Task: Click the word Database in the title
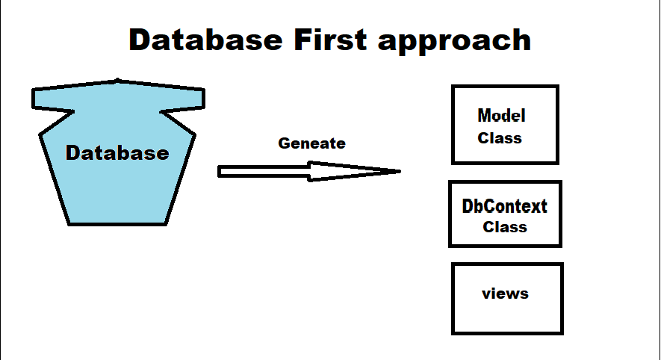205,40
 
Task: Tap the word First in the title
330,40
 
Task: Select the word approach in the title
454,42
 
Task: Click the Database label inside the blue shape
117,152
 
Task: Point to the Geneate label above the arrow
312,143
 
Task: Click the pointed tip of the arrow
400,171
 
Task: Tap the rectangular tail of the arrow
264,172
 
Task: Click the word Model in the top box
501,116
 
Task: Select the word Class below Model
500,138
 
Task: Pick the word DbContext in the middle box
505,206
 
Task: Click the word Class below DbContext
505,227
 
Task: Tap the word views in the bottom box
505,294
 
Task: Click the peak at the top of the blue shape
117,80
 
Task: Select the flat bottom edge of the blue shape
117,224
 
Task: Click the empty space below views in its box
507,316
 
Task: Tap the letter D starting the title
140,40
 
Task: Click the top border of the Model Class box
505,87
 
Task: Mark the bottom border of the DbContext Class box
505,245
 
